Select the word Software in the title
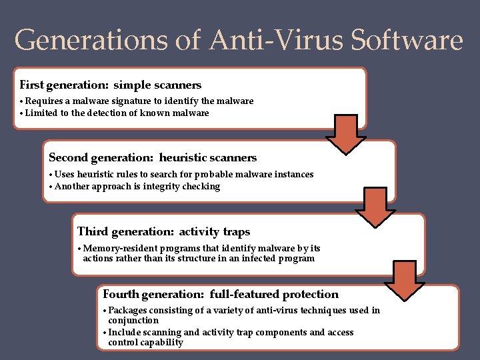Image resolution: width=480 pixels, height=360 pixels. tap(407, 41)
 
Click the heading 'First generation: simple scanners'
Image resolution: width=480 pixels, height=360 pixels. tap(111, 85)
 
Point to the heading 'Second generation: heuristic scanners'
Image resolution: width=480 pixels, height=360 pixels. tap(153, 158)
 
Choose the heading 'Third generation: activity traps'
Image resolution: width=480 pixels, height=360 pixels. tap(163, 232)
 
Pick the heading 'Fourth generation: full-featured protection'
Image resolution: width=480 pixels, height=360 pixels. tap(221, 294)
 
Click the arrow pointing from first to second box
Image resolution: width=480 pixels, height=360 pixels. tap(345, 133)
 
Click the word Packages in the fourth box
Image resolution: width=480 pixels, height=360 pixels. tap(127, 311)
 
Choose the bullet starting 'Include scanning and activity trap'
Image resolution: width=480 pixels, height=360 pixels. tap(230, 333)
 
